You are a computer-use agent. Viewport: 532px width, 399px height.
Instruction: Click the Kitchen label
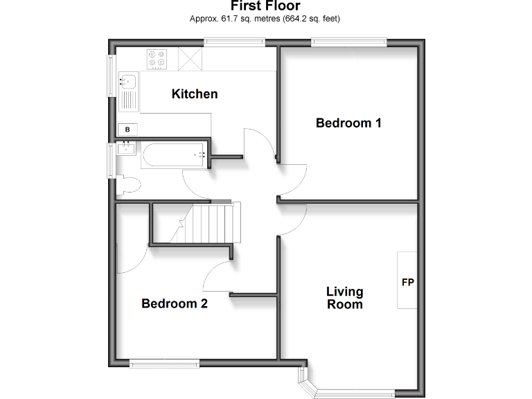coord(195,94)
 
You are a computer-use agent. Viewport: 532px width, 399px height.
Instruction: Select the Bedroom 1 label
coord(348,123)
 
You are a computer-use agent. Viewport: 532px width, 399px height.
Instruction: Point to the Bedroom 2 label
coord(175,303)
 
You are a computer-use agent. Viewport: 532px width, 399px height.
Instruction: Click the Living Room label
coord(344,298)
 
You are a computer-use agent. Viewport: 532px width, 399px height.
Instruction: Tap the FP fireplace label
coord(407,283)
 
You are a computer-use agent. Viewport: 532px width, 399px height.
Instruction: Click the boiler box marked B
coord(128,129)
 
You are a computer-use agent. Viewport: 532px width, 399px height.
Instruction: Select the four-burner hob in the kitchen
coord(157,59)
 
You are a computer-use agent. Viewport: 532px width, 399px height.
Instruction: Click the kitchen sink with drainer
coord(129,91)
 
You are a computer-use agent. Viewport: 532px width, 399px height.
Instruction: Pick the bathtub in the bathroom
coord(174,155)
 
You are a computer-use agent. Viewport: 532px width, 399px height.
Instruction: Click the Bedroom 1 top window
coord(348,43)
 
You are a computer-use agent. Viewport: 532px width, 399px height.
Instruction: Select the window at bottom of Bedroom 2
coord(164,363)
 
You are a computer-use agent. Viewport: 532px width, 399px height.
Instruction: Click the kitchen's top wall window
coord(234,43)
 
